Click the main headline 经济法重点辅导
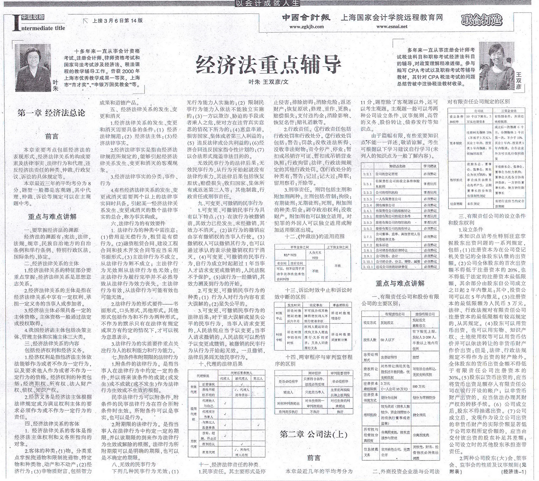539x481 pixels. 268,64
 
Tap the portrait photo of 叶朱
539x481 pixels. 33,67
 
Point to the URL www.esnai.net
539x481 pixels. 392,27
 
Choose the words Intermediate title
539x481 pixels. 42,28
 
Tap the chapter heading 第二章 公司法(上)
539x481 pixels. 313,434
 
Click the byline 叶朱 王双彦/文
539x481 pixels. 268,82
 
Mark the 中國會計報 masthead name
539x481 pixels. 306,18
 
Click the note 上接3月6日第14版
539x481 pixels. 118,20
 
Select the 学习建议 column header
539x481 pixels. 430,166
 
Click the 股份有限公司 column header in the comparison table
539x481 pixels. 425,314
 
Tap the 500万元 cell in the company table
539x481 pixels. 418,386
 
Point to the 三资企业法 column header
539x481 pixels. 509,111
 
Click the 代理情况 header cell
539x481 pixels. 203,376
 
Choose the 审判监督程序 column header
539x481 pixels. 340,373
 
